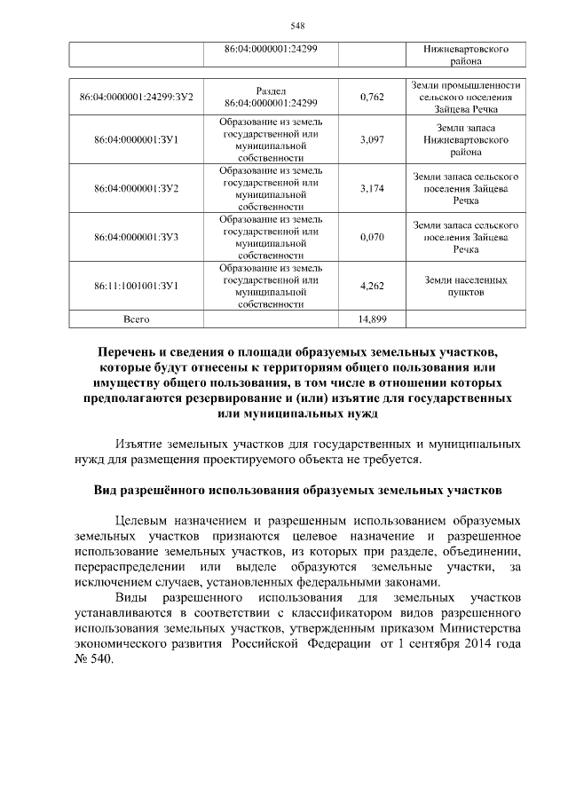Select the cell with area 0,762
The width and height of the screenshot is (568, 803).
pos(372,96)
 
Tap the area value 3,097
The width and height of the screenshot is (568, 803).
pos(372,139)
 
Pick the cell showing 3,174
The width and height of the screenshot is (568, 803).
pos(372,188)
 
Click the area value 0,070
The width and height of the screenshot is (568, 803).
pos(372,237)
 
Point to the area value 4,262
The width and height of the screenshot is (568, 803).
pos(372,286)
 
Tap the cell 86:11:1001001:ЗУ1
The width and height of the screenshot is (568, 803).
pos(137,286)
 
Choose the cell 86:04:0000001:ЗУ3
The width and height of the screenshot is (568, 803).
pos(137,237)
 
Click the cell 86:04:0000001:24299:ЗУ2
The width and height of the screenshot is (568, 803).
pos(137,96)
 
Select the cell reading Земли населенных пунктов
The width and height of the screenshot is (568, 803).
pos(466,286)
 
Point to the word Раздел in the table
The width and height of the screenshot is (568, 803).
pos(271,91)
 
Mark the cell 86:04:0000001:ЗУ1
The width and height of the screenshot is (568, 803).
pos(137,139)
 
